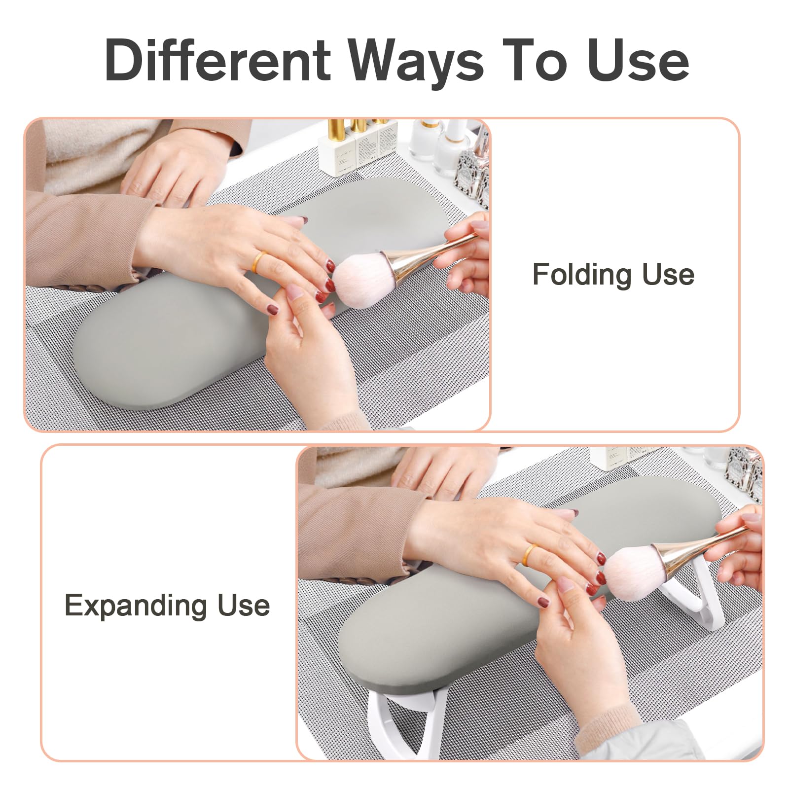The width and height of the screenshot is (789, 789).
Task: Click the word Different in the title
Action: pyautogui.click(x=217, y=60)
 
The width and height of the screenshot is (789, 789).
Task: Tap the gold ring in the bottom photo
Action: pyautogui.click(x=530, y=555)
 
